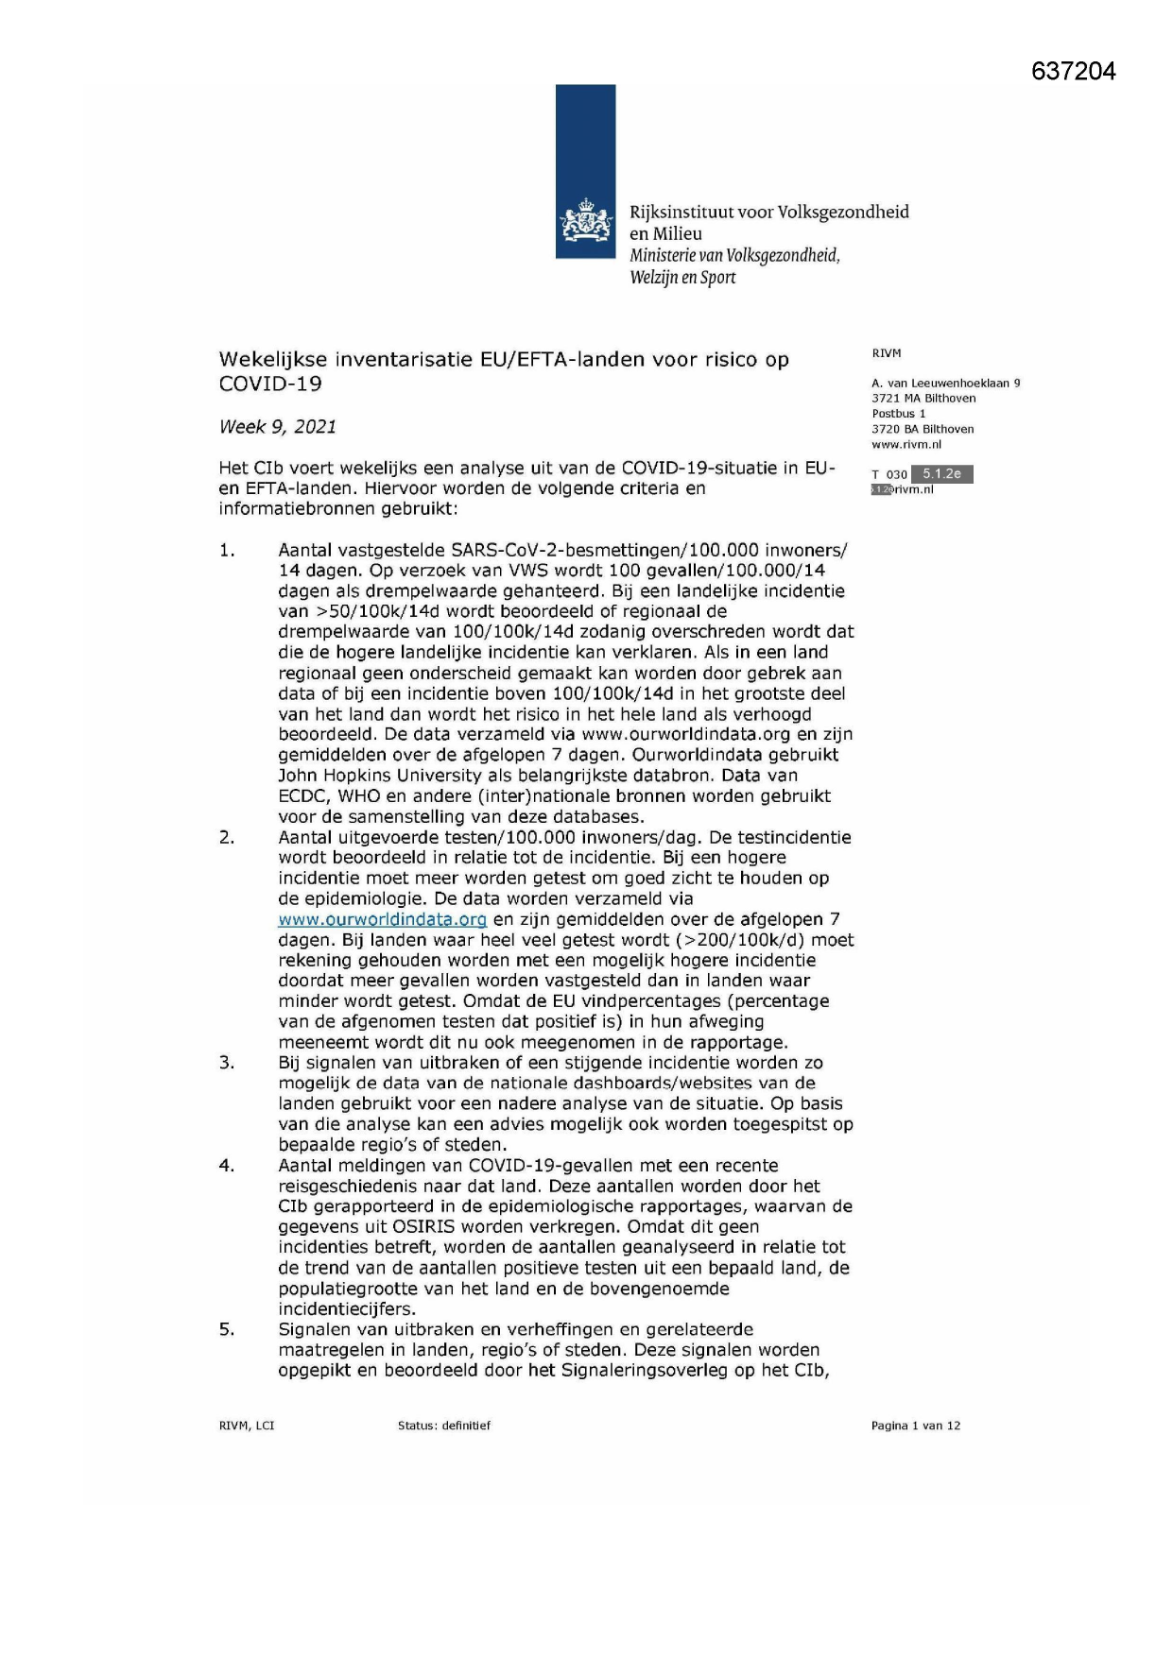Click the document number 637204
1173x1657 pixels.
coord(1073,72)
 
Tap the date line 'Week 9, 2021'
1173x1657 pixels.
coord(278,427)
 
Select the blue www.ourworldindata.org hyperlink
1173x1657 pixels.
coord(383,919)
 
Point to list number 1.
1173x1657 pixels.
coord(227,551)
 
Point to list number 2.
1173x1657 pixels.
coord(227,838)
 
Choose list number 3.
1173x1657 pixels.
coord(227,1063)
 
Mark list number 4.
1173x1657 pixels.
coord(227,1166)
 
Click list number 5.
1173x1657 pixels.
coord(227,1330)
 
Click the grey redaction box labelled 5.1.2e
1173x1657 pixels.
coord(941,474)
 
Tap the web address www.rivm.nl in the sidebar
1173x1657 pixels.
coord(906,445)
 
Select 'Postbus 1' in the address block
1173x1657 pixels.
coord(899,414)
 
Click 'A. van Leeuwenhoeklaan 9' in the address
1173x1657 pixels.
coord(946,384)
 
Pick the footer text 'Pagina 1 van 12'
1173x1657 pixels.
coord(915,1426)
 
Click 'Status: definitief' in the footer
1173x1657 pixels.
coord(444,1426)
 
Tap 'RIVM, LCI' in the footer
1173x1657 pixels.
coord(247,1426)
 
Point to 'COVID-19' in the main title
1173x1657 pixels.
coord(270,384)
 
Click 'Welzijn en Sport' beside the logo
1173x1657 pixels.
coord(682,278)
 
